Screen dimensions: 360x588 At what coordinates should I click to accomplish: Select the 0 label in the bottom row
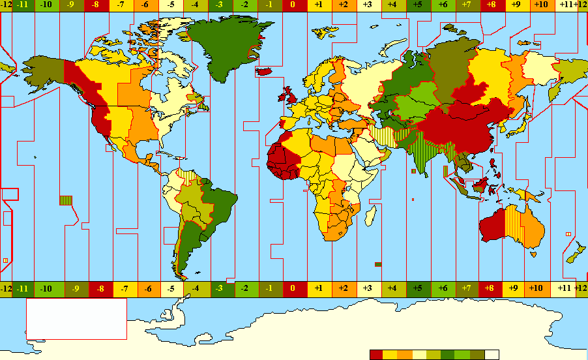click(293, 288)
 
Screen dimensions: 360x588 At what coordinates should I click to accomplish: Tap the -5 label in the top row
click(171, 6)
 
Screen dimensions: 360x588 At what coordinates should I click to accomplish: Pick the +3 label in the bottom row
click(367, 288)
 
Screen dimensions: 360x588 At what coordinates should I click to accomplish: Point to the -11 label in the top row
click(23, 6)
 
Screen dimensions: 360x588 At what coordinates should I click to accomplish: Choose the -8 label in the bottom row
click(100, 288)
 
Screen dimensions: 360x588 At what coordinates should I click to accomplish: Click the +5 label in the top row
click(418, 6)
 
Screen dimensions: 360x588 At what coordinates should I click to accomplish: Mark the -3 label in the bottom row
click(220, 288)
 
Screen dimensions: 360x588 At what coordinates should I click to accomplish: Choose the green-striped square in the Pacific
click(66, 200)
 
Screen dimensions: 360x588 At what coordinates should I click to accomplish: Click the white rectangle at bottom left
click(76, 319)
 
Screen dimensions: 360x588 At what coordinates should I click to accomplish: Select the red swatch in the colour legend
click(376, 355)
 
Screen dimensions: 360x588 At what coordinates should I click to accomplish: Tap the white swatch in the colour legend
click(492, 355)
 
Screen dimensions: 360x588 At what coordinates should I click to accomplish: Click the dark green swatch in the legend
click(448, 355)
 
